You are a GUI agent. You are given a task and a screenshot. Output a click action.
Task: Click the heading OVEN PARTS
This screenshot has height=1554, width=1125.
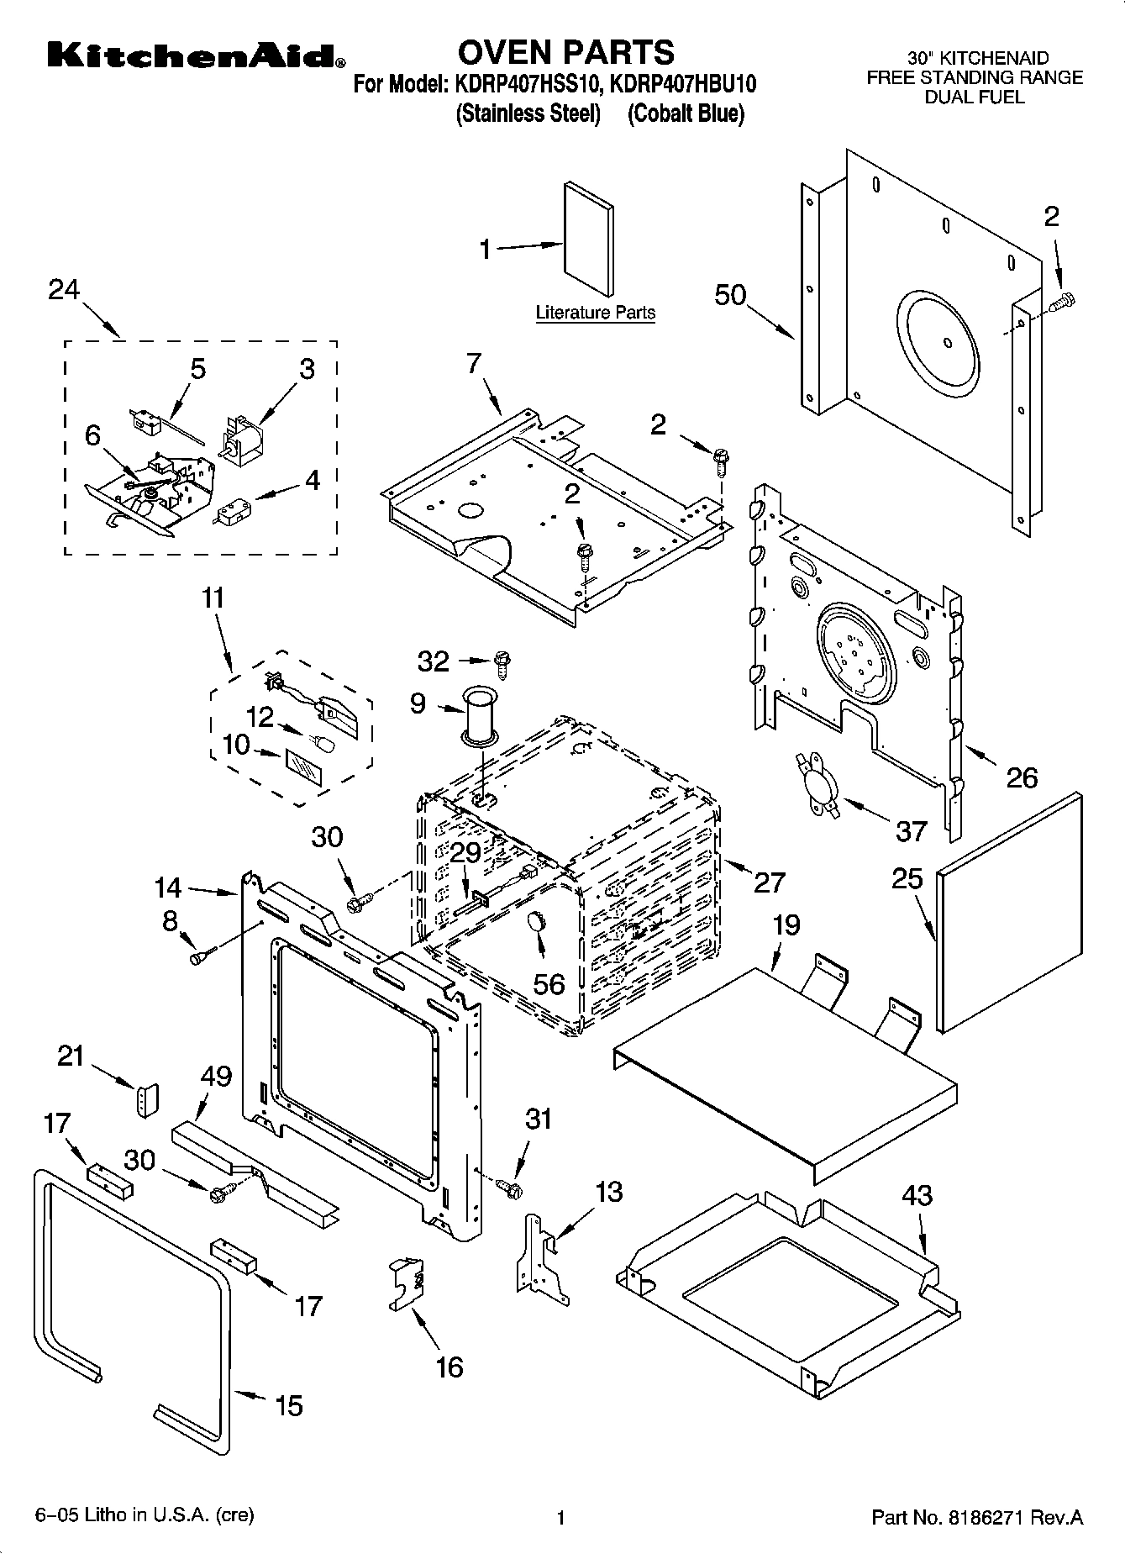pos(565,52)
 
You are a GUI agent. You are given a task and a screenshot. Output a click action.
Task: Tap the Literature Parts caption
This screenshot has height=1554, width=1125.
pos(595,313)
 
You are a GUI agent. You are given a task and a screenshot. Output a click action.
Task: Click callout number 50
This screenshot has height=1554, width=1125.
pos(730,295)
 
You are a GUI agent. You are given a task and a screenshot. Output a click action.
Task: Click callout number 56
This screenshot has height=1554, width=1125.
pos(549,982)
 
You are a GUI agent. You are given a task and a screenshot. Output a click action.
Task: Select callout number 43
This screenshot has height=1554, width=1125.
pos(917,1195)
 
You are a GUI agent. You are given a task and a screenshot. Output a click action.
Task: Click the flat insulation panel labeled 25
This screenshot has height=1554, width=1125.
pos(1008,912)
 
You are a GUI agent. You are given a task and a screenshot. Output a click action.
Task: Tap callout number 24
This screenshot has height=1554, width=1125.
pos(63,290)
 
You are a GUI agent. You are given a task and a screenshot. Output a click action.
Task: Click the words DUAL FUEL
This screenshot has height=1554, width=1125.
pos(975,97)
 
